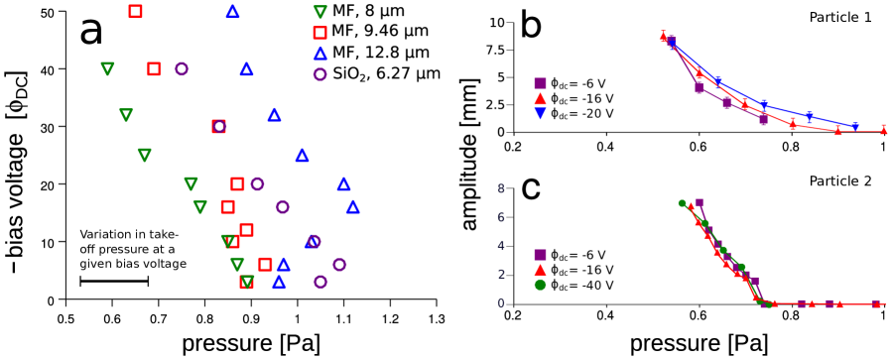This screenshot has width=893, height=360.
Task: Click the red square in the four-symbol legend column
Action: [319, 33]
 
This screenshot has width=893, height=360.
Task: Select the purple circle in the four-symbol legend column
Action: [319, 74]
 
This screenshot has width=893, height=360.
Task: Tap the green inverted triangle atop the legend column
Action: [319, 12]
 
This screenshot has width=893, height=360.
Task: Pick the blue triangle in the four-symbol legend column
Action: [319, 54]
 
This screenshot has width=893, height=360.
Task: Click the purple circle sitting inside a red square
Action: [218, 126]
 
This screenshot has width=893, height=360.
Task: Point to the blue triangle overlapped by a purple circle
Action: [312, 241]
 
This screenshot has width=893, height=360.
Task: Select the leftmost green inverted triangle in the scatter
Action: [107, 68]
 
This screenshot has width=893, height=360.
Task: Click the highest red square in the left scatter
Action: [135, 11]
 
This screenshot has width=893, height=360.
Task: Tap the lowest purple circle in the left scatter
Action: [320, 282]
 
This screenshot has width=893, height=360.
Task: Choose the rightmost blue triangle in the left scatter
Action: [352, 206]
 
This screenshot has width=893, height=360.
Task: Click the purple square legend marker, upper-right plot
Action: [540, 83]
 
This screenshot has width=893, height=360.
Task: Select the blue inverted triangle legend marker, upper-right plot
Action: [540, 113]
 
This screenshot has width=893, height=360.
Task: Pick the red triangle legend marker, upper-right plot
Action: [540, 98]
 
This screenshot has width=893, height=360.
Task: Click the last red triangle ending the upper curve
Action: [883, 129]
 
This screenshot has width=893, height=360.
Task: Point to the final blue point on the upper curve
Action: [854, 126]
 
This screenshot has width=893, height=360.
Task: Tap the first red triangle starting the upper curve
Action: [663, 36]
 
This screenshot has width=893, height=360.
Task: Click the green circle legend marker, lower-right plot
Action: [540, 285]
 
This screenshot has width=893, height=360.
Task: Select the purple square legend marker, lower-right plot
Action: [540, 255]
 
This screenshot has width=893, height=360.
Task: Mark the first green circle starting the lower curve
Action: [682, 203]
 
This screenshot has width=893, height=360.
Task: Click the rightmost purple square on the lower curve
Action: [875, 303]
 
